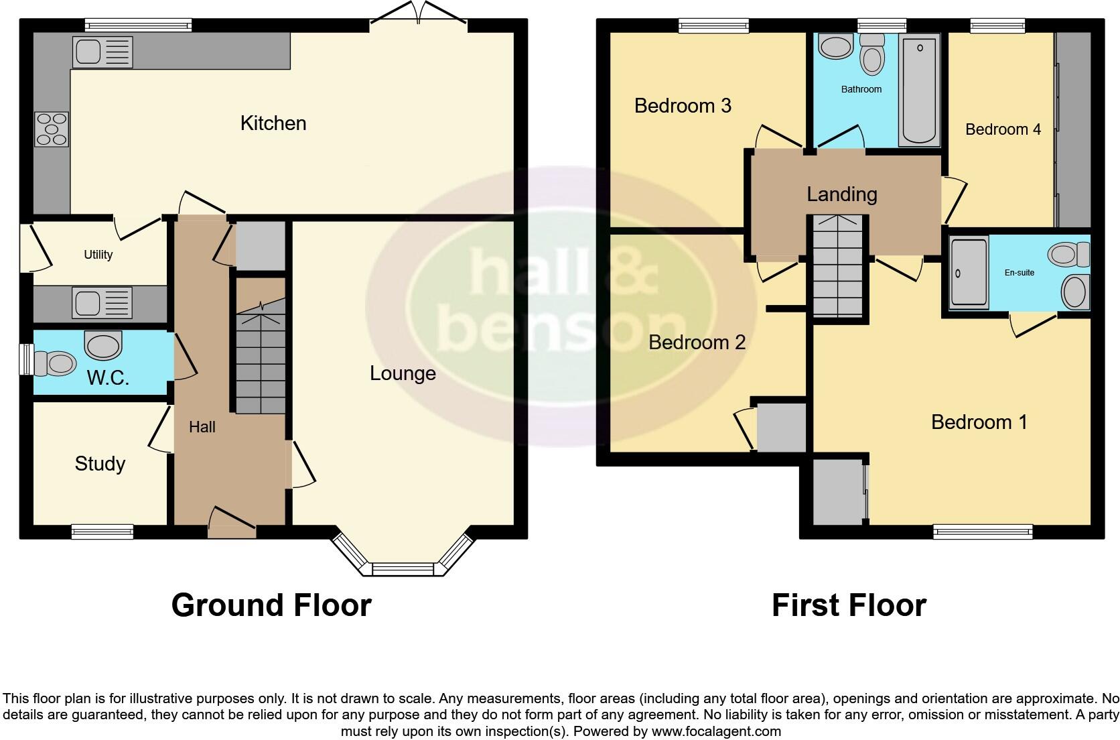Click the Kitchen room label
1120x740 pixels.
[273, 123]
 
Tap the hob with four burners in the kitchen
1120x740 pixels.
[52, 128]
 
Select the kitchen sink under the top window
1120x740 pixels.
[103, 52]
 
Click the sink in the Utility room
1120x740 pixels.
[102, 303]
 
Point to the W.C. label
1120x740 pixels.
[107, 378]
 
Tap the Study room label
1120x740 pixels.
[100, 464]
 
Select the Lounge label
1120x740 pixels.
[403, 373]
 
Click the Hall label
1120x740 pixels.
[202, 427]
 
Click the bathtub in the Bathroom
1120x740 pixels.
[919, 90]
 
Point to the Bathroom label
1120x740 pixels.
[861, 89]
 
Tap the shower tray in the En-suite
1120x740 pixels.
[969, 271]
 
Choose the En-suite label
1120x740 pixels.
[1020, 273]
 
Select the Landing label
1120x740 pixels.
[842, 194]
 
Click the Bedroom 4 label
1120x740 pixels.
[1003, 129]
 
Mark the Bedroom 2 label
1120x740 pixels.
[697, 343]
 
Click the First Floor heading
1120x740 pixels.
[849, 605]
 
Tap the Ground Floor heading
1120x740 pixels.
[271, 605]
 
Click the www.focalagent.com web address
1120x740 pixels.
[716, 731]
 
